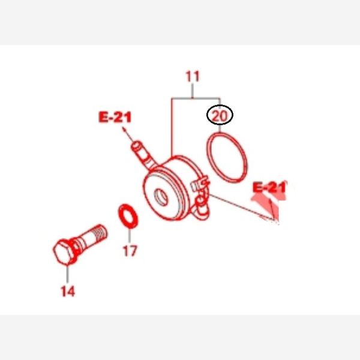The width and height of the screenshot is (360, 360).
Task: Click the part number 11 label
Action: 193,77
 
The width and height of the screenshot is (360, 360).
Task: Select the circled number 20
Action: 220,116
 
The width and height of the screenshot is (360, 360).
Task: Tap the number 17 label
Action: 130,251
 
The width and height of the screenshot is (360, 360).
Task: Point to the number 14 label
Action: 68,291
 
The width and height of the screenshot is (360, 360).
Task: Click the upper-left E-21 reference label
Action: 115,117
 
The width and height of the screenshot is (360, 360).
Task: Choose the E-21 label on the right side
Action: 269,187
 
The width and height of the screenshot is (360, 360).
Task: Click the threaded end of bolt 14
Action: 99,232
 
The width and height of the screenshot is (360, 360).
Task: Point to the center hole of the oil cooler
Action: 161,197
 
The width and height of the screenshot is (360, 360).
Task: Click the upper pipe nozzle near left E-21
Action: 143,154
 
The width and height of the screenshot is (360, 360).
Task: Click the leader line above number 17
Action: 130,236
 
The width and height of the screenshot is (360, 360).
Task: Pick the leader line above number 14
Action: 67,274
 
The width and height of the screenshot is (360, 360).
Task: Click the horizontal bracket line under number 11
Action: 196,98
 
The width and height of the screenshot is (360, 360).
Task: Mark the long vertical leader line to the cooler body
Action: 172,127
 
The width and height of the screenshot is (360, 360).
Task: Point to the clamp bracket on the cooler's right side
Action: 200,182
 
